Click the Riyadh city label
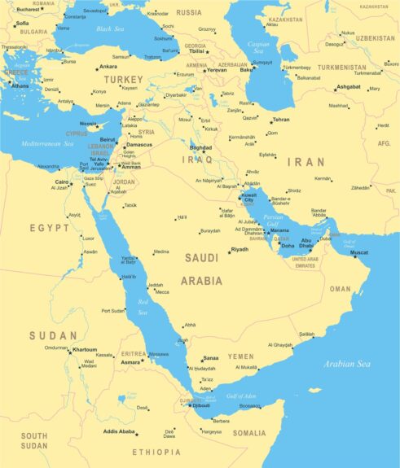(x=240, y=249)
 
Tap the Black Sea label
(x=109, y=28)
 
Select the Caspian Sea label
(x=257, y=45)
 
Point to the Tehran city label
(x=281, y=120)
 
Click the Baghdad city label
(x=200, y=148)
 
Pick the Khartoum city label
(x=85, y=349)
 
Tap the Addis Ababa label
(x=118, y=431)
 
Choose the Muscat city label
(x=359, y=252)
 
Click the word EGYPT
(x=49, y=228)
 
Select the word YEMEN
(x=240, y=356)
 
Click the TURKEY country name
(x=121, y=80)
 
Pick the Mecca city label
(x=162, y=292)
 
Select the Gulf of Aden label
(x=241, y=395)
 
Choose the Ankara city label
(x=108, y=67)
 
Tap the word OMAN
(x=340, y=289)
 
